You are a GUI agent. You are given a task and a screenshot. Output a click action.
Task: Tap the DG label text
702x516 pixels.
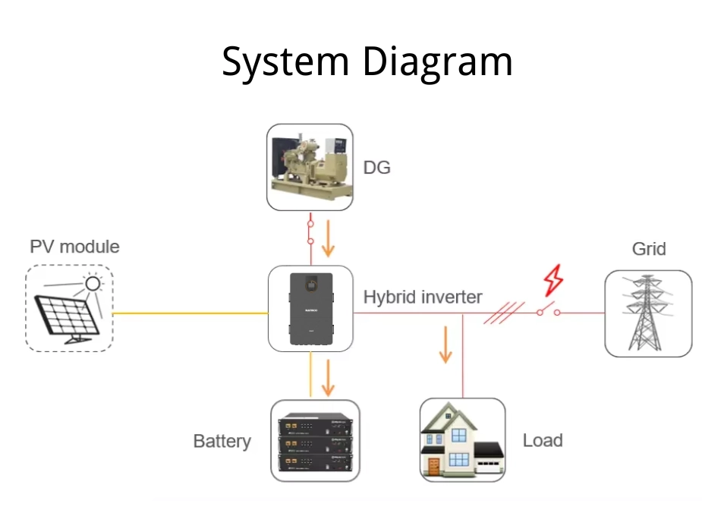click(x=376, y=168)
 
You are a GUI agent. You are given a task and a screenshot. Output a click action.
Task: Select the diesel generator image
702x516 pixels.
click(x=310, y=167)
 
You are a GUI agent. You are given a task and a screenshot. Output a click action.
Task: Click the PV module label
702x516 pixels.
click(x=74, y=247)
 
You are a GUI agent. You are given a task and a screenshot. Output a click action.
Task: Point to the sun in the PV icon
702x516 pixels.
click(x=93, y=284)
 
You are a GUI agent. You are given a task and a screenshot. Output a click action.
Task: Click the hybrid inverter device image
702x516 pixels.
click(x=310, y=308)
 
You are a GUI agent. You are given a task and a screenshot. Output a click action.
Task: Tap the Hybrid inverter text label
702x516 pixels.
click(x=422, y=297)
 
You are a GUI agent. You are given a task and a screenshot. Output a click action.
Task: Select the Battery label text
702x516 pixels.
click(x=222, y=441)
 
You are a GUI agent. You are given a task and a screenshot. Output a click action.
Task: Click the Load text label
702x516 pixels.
click(x=542, y=440)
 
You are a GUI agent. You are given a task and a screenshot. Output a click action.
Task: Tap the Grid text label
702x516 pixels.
click(x=648, y=249)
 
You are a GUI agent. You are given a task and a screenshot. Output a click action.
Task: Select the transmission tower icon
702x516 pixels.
click(x=647, y=313)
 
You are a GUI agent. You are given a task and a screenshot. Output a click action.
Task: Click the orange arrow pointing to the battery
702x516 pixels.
click(x=329, y=377)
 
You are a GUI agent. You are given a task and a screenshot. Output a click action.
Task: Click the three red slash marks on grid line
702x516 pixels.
click(x=504, y=313)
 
